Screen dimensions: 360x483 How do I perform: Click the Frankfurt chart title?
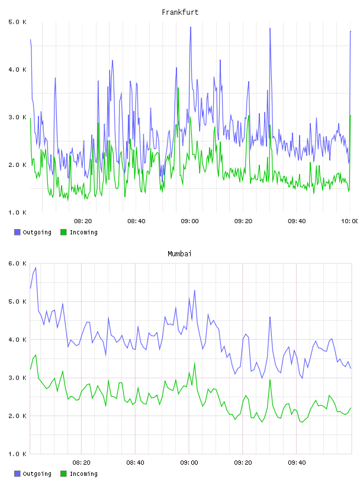coord(180,12)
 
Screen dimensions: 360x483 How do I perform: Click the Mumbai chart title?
coord(179,254)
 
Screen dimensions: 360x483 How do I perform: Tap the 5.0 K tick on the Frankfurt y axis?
coord(18,22)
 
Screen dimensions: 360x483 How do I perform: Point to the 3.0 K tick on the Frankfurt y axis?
coord(18,117)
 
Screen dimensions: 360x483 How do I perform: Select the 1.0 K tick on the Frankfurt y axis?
coord(18,212)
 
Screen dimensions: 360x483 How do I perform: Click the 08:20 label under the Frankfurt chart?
coord(83,221)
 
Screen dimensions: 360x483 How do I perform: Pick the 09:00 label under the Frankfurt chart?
coord(189,221)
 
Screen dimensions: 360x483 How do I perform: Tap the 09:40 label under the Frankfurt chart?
coord(297,221)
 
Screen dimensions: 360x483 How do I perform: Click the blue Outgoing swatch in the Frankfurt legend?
coord(17,232)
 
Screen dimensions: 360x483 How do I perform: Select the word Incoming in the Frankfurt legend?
coord(83,232)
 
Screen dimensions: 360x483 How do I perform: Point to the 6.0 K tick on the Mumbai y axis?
coord(18,263)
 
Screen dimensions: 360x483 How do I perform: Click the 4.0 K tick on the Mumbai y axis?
coord(18,340)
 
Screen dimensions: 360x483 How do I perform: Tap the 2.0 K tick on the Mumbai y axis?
coord(18,416)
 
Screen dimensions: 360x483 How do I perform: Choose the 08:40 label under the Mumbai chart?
coord(136,463)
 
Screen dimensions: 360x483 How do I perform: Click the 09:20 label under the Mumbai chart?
coord(243,463)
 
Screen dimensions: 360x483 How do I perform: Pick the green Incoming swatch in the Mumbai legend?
coord(63,474)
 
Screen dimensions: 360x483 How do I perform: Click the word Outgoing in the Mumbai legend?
coord(37,474)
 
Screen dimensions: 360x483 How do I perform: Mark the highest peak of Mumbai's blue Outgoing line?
coord(36,268)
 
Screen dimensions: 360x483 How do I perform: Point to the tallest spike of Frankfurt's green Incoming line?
coord(178,88)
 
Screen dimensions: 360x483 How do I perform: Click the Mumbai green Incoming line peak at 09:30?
coord(270,380)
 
